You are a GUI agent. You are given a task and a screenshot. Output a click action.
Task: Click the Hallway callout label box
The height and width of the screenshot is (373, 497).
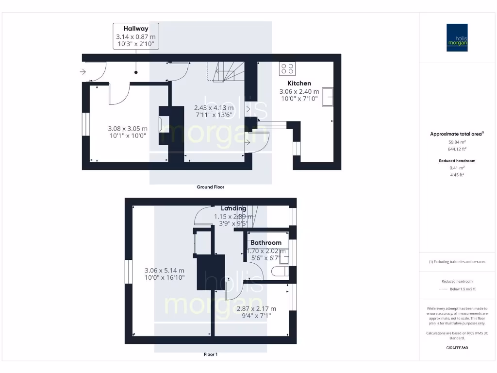tap(135, 36)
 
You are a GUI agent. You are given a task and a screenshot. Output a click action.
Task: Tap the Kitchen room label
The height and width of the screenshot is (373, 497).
tap(299, 83)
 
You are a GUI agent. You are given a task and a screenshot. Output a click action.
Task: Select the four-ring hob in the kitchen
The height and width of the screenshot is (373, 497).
tap(286, 68)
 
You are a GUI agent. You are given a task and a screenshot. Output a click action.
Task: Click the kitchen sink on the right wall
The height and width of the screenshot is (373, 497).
tap(330, 97)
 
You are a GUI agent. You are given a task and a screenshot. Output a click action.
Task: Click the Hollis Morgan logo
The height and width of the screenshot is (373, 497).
tap(457, 37)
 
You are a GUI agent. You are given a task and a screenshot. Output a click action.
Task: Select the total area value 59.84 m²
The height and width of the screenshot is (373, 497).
tap(457, 142)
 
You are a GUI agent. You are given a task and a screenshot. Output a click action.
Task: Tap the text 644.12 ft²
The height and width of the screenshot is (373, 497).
tap(457, 149)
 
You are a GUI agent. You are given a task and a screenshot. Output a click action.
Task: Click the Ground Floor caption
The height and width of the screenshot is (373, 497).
tap(210, 187)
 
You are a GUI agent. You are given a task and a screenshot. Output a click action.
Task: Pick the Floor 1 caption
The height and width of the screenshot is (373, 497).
tap(210, 355)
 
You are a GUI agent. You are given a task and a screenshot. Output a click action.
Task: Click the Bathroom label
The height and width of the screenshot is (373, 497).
tap(266, 242)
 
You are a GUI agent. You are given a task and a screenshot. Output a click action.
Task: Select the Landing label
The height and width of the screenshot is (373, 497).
tap(233, 208)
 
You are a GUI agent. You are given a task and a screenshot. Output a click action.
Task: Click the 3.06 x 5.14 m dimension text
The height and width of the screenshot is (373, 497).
tap(165, 271)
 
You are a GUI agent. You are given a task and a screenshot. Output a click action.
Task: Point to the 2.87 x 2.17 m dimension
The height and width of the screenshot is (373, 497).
tap(256, 308)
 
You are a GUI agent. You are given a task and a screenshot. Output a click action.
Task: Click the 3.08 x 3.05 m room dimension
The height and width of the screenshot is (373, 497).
tap(127, 129)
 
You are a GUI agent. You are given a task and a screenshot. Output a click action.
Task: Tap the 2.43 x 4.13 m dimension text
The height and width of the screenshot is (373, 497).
tap(214, 108)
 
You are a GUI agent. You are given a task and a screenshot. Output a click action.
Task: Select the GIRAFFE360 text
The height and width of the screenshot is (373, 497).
tap(457, 348)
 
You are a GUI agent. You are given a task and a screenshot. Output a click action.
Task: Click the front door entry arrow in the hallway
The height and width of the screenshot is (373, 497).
tap(83, 72)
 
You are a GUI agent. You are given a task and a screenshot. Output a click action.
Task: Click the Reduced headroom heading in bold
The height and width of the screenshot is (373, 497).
tap(457, 161)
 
